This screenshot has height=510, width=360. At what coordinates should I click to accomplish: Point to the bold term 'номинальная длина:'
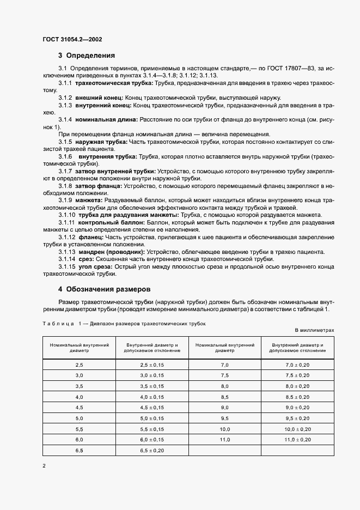click(x=107, y=118)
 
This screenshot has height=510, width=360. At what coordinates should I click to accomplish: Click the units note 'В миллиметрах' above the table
click(x=314, y=330)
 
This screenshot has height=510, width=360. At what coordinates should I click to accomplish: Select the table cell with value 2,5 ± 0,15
click(x=152, y=364)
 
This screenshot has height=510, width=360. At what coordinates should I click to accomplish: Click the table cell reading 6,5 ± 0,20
click(x=152, y=451)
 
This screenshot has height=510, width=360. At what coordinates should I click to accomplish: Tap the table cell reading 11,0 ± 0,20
click(x=298, y=440)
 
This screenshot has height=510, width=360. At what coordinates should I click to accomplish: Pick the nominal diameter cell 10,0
click(x=225, y=429)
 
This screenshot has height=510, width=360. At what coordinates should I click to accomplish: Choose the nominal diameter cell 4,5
click(x=79, y=407)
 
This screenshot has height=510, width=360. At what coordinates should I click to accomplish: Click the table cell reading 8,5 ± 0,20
click(x=298, y=396)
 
